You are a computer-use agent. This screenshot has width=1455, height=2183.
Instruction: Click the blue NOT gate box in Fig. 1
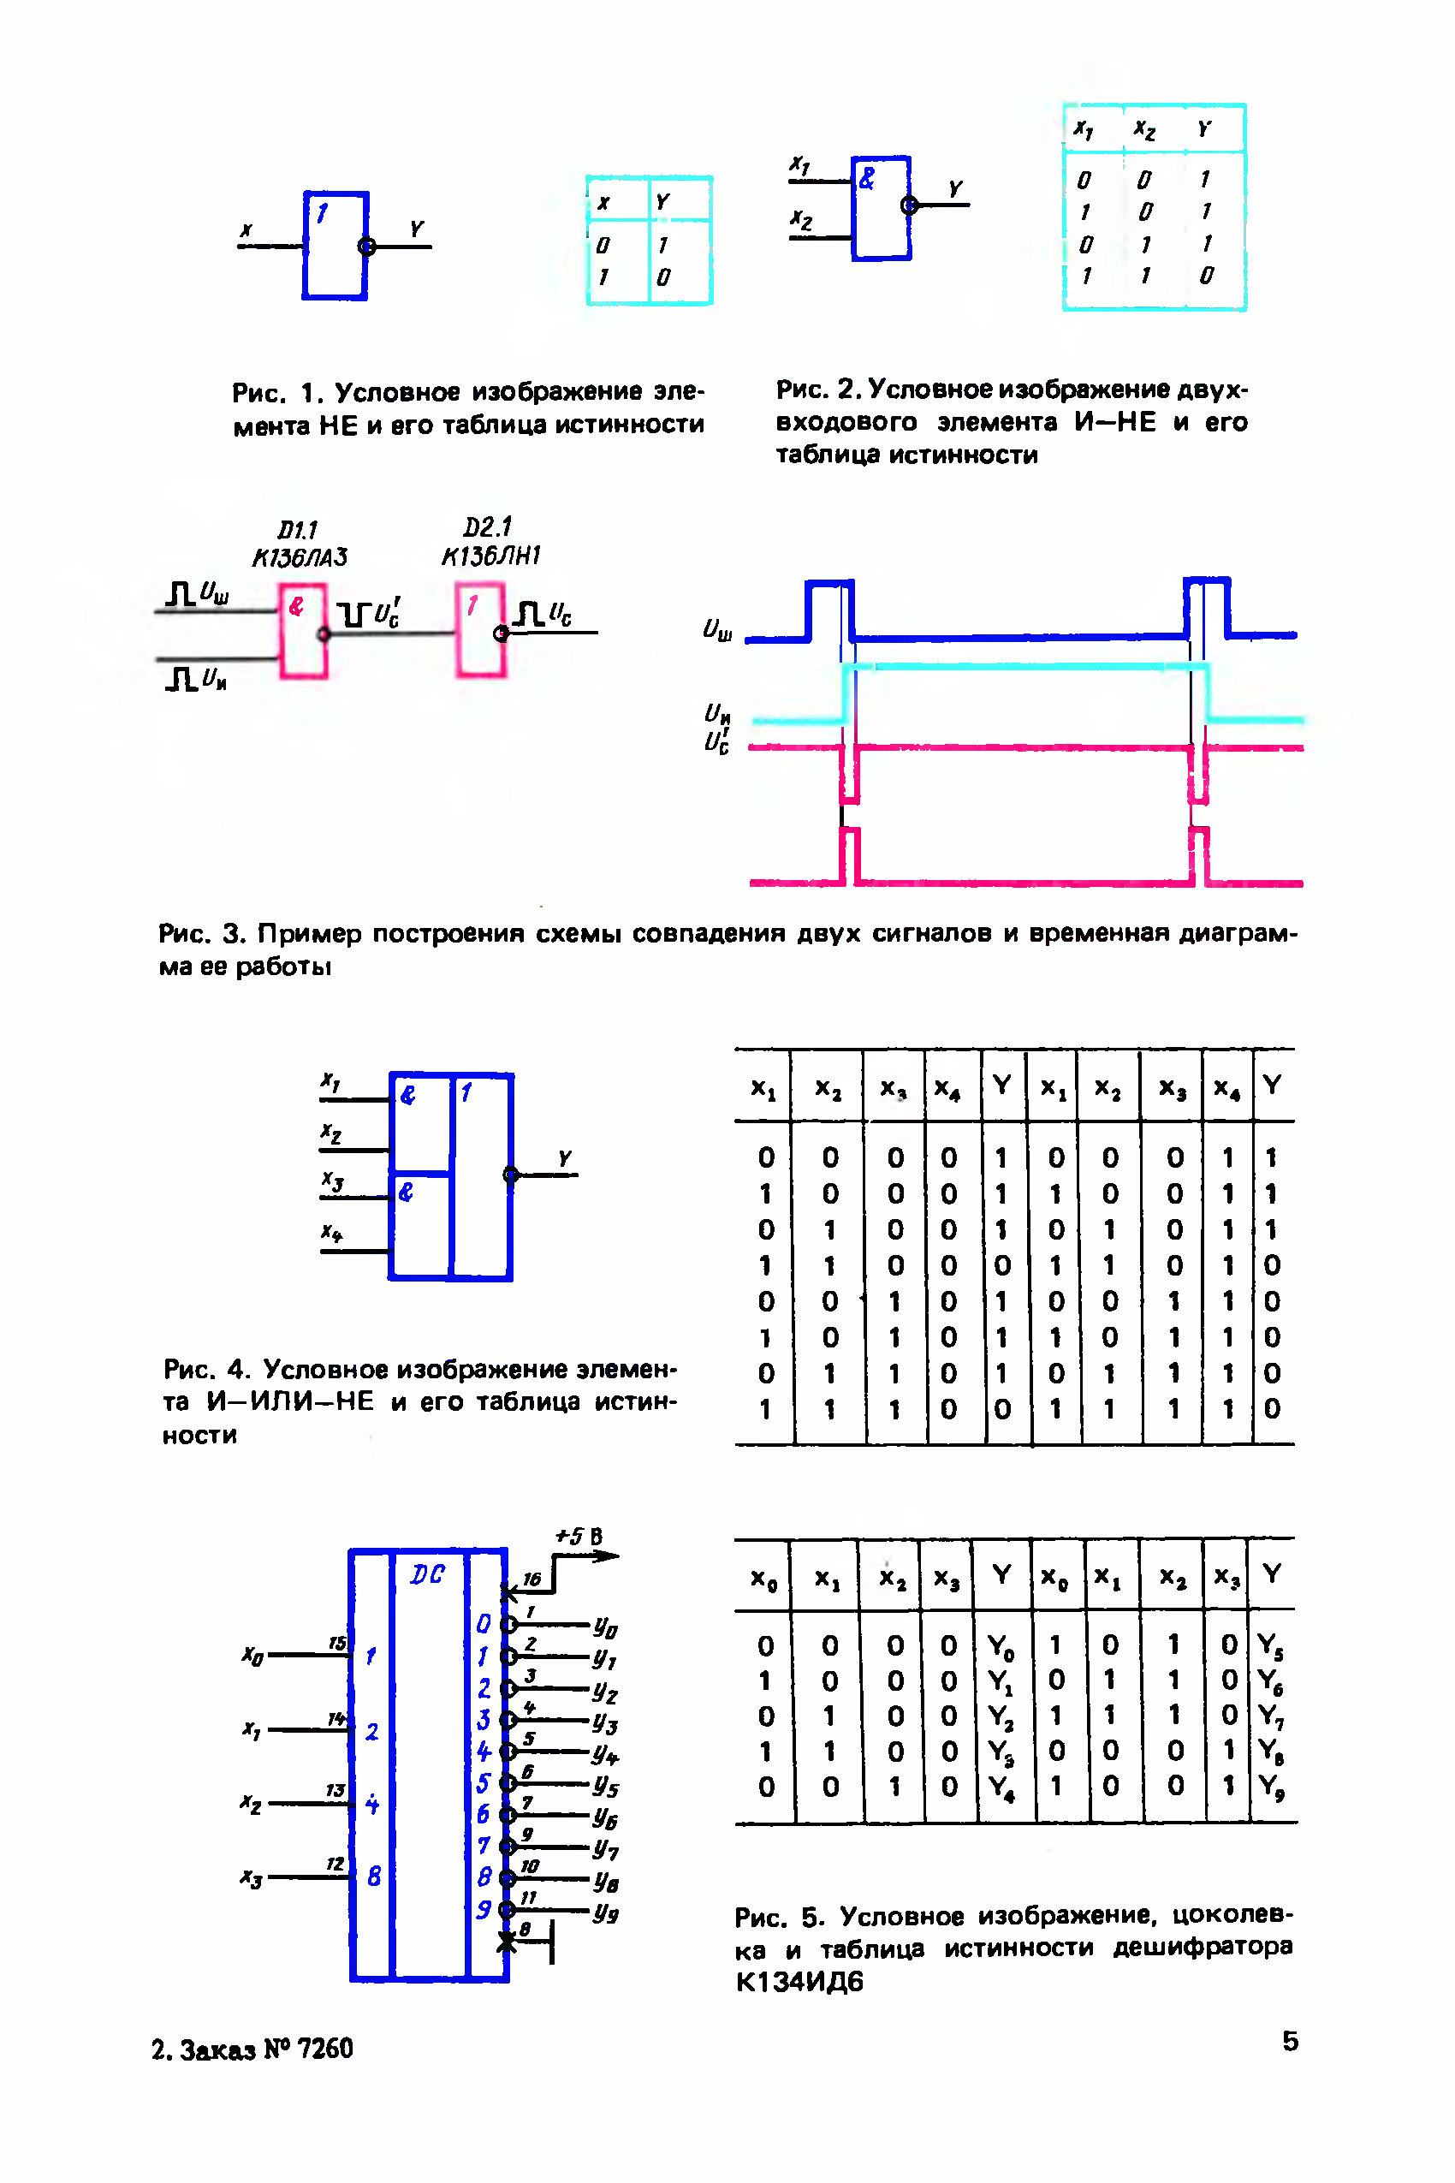(335, 246)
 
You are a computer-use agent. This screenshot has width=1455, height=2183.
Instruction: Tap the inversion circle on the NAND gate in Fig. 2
(909, 205)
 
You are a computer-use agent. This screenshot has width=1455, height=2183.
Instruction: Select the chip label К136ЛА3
(300, 557)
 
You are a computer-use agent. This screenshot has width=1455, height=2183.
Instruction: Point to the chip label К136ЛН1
(490, 556)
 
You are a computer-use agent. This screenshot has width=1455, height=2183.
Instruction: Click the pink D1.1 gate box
(304, 631)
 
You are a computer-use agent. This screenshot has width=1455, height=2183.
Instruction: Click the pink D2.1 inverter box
(481, 629)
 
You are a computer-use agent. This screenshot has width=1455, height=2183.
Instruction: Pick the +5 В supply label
(579, 1536)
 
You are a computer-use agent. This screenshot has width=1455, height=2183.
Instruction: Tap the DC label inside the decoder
(427, 1574)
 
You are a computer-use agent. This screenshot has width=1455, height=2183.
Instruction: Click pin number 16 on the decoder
(531, 1579)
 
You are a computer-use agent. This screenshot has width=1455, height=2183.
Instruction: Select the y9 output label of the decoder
(606, 1913)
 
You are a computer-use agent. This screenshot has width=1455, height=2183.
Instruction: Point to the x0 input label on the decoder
(252, 1655)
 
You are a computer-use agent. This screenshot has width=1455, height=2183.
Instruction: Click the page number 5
(1290, 2041)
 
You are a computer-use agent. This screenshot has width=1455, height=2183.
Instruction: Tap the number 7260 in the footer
(324, 2049)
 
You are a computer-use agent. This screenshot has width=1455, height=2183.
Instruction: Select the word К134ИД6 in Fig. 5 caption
(799, 1982)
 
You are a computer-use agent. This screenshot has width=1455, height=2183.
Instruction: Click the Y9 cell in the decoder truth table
(1270, 1787)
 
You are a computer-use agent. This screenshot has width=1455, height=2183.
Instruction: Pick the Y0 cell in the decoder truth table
(1001, 1646)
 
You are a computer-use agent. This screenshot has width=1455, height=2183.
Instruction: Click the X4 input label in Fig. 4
(332, 1233)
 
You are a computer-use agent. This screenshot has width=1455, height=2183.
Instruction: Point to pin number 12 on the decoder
(335, 1864)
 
